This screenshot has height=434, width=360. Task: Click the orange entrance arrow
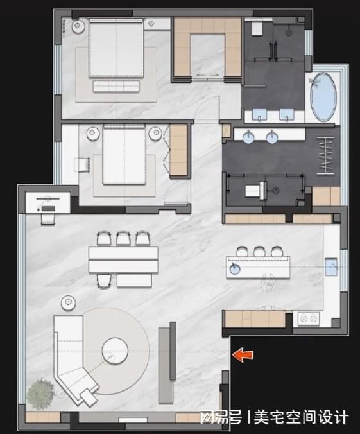click(243, 355)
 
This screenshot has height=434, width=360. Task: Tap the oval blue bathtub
click(323, 97)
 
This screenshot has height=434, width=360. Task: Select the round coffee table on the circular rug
click(115, 350)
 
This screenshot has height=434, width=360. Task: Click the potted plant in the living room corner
click(40, 394)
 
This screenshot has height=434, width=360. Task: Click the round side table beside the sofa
click(69, 303)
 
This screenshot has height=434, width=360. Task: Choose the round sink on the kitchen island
click(234, 268)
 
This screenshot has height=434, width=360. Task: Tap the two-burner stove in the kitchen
click(309, 318)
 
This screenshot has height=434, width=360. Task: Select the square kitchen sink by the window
click(331, 266)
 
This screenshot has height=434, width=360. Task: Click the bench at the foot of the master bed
click(116, 86)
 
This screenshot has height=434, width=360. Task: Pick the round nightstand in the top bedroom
click(78, 26)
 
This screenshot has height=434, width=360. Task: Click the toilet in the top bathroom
click(257, 28)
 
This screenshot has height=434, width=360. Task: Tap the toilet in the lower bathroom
click(257, 191)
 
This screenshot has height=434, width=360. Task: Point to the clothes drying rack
click(325, 156)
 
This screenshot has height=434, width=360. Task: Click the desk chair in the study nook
click(48, 218)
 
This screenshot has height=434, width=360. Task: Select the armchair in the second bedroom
click(82, 164)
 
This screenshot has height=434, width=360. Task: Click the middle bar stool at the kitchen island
click(259, 251)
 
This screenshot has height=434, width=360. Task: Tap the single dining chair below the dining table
click(104, 281)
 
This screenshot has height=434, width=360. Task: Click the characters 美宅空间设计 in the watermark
click(301, 417)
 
